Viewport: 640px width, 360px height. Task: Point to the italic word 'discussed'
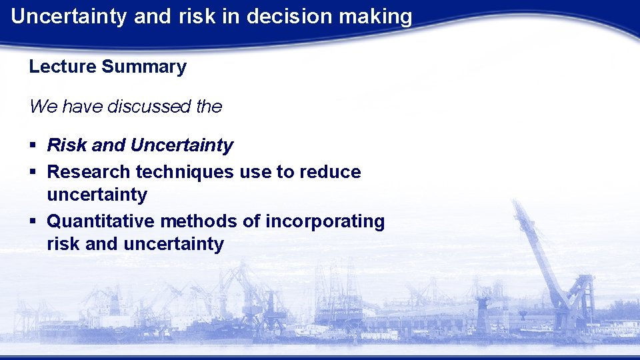[135, 106]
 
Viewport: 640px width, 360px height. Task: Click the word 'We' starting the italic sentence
[40, 106]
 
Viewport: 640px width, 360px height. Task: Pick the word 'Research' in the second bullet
[89, 172]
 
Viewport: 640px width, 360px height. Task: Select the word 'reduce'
[330, 172]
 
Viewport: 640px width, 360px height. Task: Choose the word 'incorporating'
[325, 221]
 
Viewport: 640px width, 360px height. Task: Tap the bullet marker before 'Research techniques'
[33, 173]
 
